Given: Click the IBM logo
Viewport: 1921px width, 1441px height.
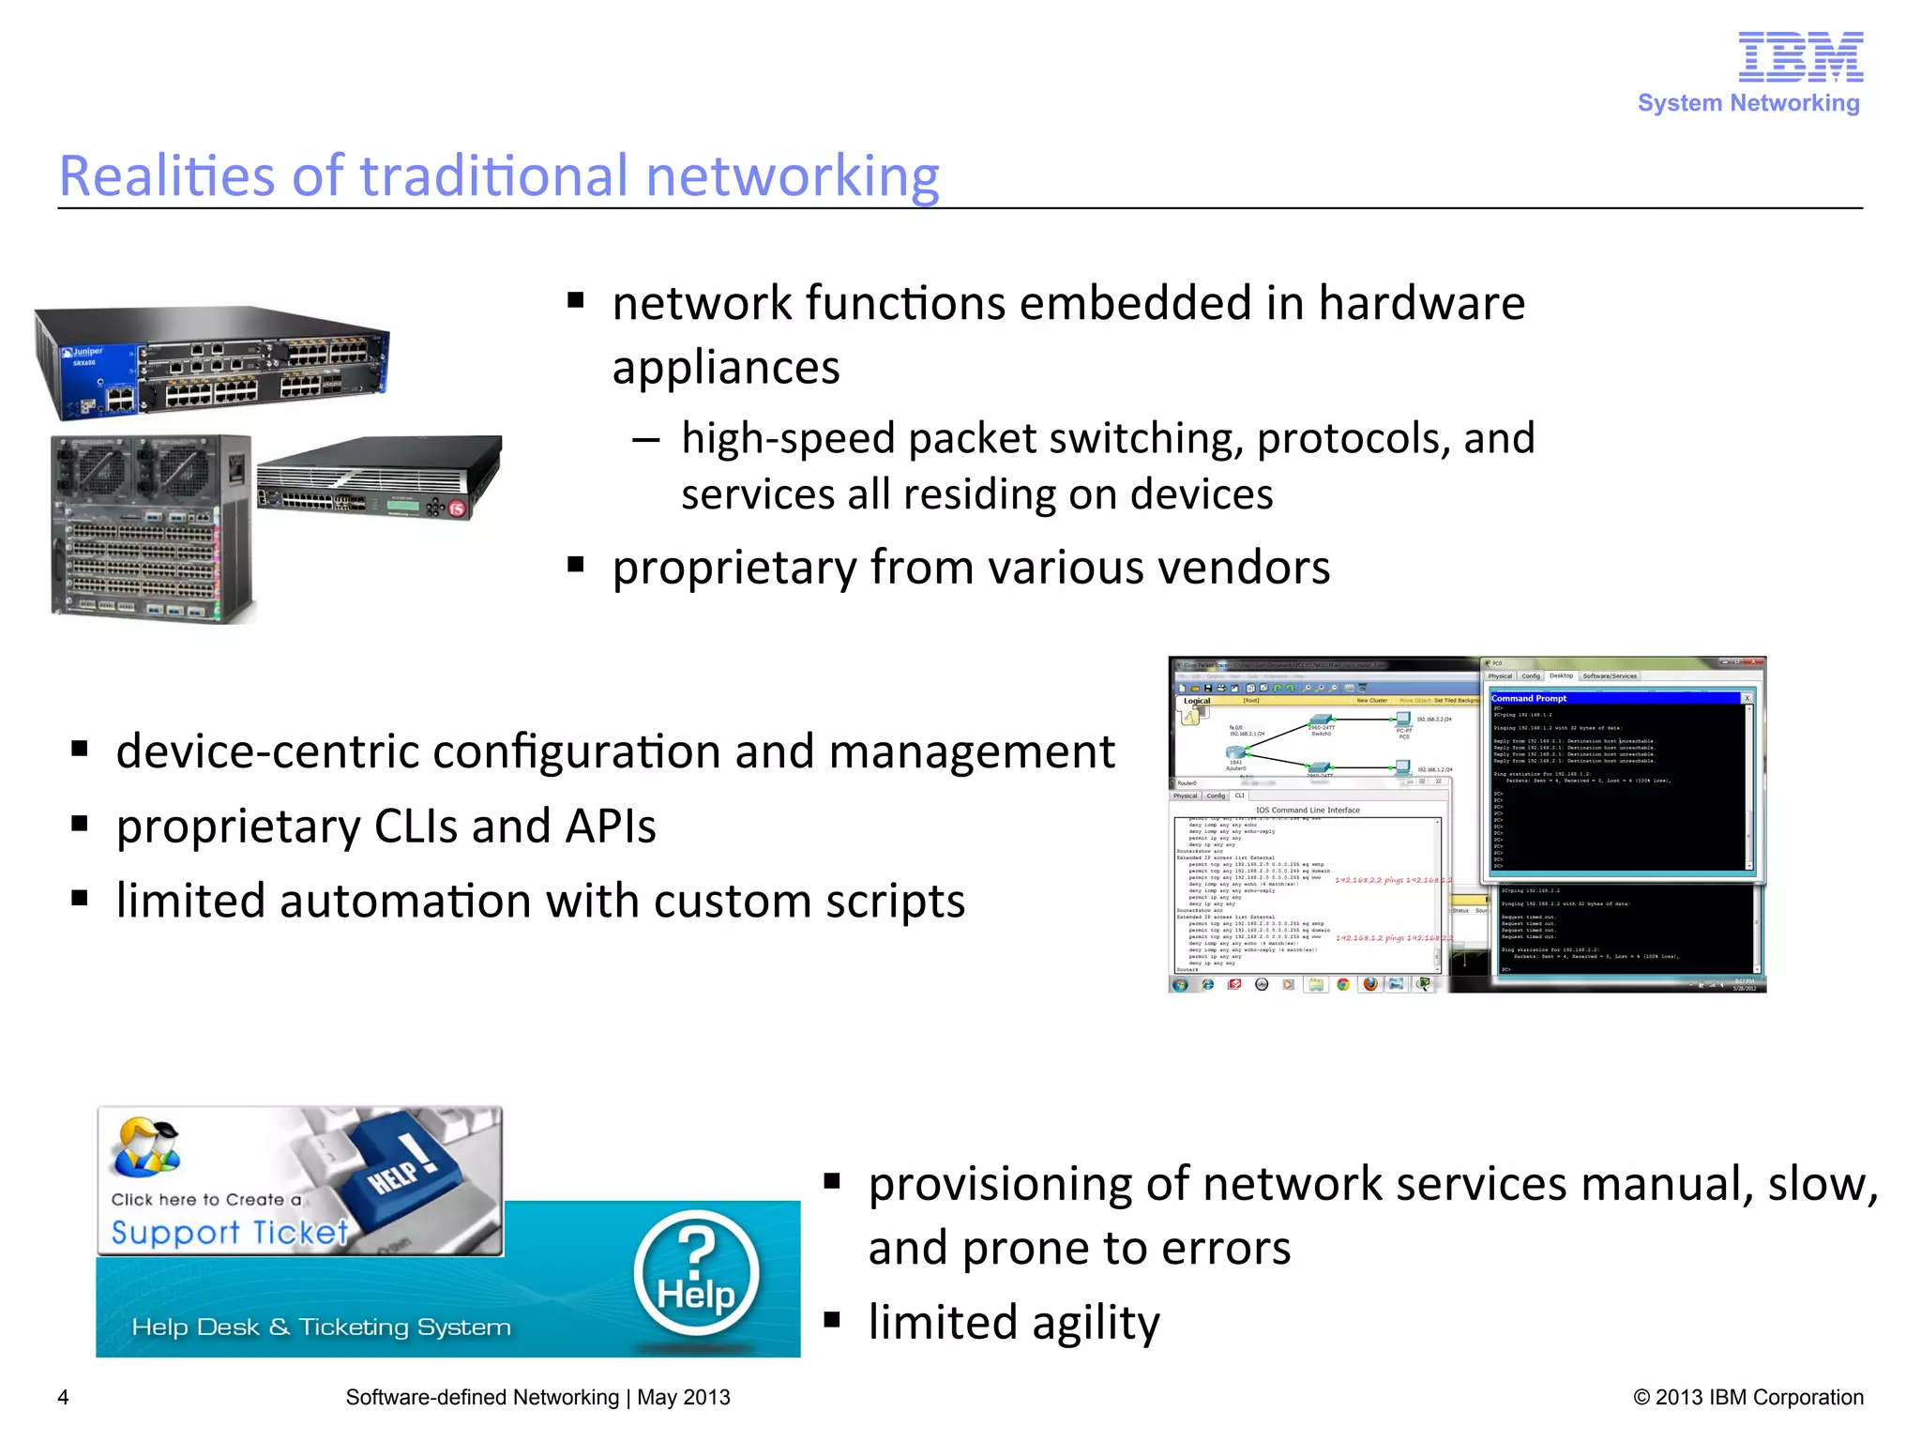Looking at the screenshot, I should pos(1800,57).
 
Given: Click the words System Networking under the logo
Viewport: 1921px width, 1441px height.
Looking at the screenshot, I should pos(1748,103).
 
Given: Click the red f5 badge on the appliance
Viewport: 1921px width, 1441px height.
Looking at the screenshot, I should pos(457,508).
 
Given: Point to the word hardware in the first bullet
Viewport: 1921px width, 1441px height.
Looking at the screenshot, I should pos(1421,304).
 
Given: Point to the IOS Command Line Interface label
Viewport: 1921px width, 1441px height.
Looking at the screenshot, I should pos(1308,810).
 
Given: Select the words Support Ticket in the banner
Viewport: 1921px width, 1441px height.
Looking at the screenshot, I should pos(229,1232).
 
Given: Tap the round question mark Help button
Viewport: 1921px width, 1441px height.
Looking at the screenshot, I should pos(696,1274).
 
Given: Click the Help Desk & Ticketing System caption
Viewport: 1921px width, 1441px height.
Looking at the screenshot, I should pos(321,1327).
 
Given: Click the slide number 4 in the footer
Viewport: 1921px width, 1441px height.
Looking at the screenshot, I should pos(63,1398).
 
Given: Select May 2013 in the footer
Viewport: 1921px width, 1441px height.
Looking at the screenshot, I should pos(683,1398).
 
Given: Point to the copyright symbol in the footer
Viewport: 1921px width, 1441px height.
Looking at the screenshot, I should pos(1641,1398).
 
